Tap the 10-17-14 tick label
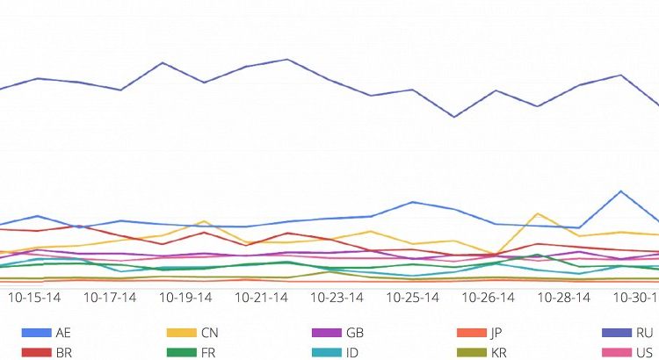pos(110,298)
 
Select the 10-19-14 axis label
pos(185,298)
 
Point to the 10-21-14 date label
pos(261,298)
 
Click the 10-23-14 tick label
pos(337,298)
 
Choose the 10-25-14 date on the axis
pos(412,298)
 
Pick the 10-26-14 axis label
pos(488,298)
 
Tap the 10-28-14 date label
pos(563,298)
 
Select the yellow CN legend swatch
pos(180,333)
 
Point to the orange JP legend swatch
pos(471,333)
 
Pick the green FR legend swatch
pos(180,352)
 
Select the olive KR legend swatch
pos(471,352)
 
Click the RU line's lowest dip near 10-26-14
pos(454,117)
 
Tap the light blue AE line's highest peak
pos(621,191)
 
